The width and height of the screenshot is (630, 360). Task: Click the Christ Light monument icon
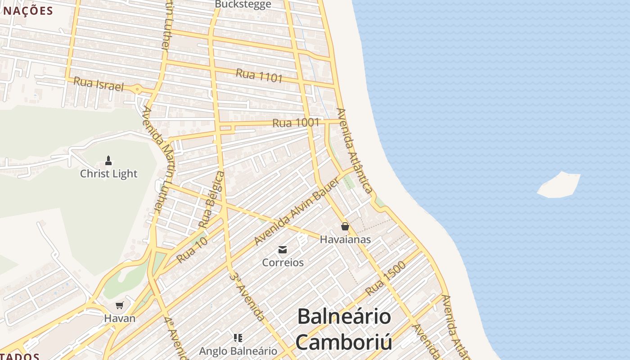(108, 160)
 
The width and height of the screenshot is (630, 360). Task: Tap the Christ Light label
(108, 174)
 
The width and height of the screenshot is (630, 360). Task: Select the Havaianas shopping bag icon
(345, 226)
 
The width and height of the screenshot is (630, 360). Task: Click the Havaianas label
(345, 239)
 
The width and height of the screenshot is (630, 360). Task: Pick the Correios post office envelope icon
(283, 249)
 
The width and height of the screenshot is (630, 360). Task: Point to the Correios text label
(283, 262)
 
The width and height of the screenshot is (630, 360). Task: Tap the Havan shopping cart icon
(119, 306)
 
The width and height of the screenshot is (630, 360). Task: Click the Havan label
(119, 318)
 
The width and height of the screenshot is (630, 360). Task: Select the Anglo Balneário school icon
(238, 337)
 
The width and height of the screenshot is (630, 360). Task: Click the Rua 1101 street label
(259, 75)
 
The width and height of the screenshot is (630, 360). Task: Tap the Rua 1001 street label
(296, 122)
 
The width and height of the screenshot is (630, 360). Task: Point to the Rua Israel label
(98, 83)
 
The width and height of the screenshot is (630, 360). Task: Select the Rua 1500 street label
(386, 278)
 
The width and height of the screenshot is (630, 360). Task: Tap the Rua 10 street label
(192, 251)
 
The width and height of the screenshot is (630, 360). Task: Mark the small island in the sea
(558, 184)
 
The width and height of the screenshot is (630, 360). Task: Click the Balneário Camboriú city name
(344, 329)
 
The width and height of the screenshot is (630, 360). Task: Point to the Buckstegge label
(243, 4)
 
